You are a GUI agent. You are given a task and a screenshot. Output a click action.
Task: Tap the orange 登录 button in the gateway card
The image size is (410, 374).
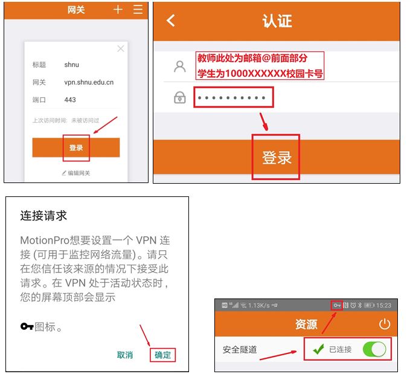(x=75, y=147)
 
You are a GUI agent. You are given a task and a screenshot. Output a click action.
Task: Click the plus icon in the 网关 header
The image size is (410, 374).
(x=118, y=10)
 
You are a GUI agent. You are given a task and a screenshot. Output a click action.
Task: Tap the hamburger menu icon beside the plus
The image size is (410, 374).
(x=138, y=10)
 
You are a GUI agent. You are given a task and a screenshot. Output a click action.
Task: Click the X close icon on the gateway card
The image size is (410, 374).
(x=121, y=48)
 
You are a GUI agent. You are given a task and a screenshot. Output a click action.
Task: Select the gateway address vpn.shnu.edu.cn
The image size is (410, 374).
(x=89, y=82)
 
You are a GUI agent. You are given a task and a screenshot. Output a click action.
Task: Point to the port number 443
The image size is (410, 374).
(x=70, y=100)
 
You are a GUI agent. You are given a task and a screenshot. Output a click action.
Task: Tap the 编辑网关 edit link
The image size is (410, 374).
(x=76, y=173)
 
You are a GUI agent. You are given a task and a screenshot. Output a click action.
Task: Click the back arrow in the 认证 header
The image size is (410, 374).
(x=170, y=21)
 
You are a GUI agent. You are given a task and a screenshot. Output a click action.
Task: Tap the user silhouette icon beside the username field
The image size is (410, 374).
(x=179, y=66)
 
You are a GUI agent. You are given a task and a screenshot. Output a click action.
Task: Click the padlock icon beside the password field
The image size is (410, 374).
(x=179, y=97)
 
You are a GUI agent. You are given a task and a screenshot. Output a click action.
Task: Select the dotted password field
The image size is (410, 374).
(x=233, y=97)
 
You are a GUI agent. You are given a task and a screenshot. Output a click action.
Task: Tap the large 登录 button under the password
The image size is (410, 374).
(x=277, y=158)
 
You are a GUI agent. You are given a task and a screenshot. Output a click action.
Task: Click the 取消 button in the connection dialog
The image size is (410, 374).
(x=125, y=355)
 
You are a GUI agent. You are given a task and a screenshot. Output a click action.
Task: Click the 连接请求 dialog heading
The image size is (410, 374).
(x=43, y=216)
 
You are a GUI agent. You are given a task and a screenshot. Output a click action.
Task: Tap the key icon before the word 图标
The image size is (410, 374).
(x=27, y=327)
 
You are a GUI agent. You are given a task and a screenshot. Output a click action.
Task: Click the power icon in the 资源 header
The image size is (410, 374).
(x=385, y=324)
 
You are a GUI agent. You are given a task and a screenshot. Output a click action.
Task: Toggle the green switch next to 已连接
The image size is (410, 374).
(x=374, y=349)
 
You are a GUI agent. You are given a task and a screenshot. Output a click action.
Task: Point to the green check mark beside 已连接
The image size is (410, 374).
(x=318, y=349)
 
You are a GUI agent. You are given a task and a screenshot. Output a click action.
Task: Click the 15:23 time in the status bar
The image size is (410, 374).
(x=383, y=305)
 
